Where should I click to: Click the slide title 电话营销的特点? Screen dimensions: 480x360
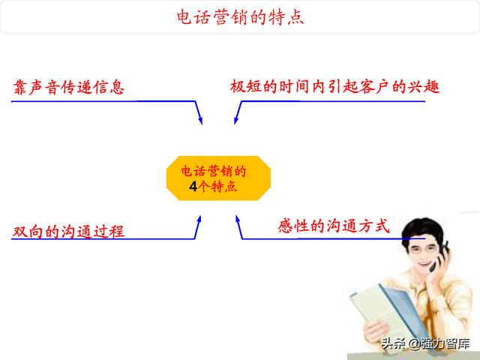[240, 17]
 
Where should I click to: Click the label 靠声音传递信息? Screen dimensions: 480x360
[68, 87]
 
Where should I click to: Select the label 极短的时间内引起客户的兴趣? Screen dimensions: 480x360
[334, 86]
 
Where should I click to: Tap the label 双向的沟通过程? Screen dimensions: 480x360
[68, 231]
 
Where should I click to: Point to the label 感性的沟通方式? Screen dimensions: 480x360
[334, 226]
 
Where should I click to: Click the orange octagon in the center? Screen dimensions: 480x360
[218, 178]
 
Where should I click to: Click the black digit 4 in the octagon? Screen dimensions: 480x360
[193, 187]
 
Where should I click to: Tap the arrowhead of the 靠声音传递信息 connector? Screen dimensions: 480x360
[200, 120]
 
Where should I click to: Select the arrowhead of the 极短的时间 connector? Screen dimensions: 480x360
[236, 120]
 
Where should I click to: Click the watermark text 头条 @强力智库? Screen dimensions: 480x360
[425, 343]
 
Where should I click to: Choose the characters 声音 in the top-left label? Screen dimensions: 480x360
[45, 87]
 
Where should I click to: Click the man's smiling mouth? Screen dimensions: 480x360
[424, 262]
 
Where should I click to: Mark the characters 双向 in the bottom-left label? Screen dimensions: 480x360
[28, 231]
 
